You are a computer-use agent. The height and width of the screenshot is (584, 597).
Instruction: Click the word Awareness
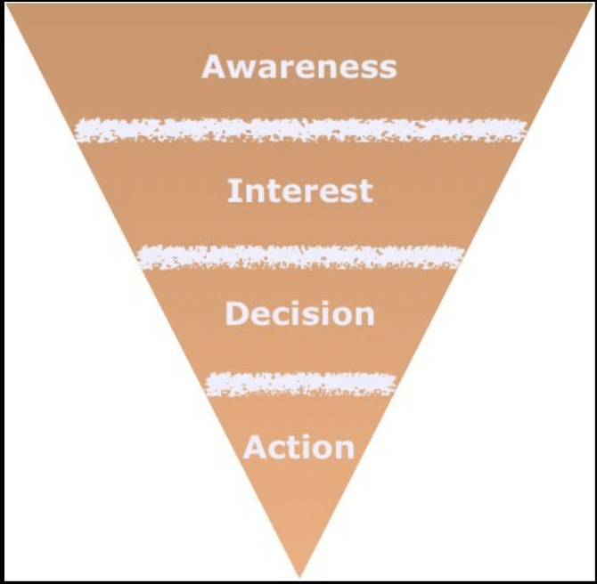pyautogui.click(x=298, y=67)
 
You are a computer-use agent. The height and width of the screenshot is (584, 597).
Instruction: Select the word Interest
pyautogui.click(x=299, y=191)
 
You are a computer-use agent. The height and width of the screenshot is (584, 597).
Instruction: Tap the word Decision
pyautogui.click(x=299, y=313)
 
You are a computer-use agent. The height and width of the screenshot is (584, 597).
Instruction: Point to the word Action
pyautogui.click(x=298, y=447)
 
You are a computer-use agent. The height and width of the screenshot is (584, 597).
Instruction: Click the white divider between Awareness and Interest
pyautogui.click(x=300, y=131)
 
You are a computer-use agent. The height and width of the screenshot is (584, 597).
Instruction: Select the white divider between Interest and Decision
pyautogui.click(x=300, y=257)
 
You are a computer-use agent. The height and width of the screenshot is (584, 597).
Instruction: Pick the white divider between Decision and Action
pyautogui.click(x=300, y=384)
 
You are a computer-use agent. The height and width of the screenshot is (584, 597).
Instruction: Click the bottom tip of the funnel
pyautogui.click(x=300, y=574)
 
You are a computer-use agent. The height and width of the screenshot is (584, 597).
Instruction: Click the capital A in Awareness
pyautogui.click(x=214, y=67)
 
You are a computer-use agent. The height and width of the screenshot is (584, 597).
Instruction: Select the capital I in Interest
pyautogui.click(x=233, y=191)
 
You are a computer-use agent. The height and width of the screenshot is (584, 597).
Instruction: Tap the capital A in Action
pyautogui.click(x=255, y=447)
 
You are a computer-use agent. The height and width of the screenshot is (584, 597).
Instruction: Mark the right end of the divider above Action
pyautogui.click(x=392, y=384)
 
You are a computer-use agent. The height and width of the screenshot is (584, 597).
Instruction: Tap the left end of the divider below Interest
pyautogui.click(x=141, y=258)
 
